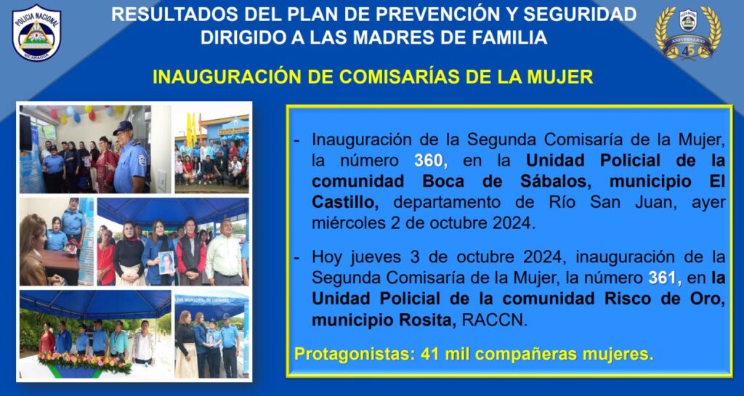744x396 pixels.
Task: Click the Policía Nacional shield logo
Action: [36, 33]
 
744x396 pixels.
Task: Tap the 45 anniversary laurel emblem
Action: [687, 33]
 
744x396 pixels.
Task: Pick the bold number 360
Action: [430, 161]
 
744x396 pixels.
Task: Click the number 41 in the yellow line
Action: [429, 354]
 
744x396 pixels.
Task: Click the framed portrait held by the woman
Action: [166, 262]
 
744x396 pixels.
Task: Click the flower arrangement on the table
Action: [85, 363]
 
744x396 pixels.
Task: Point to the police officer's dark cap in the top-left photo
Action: [123, 126]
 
